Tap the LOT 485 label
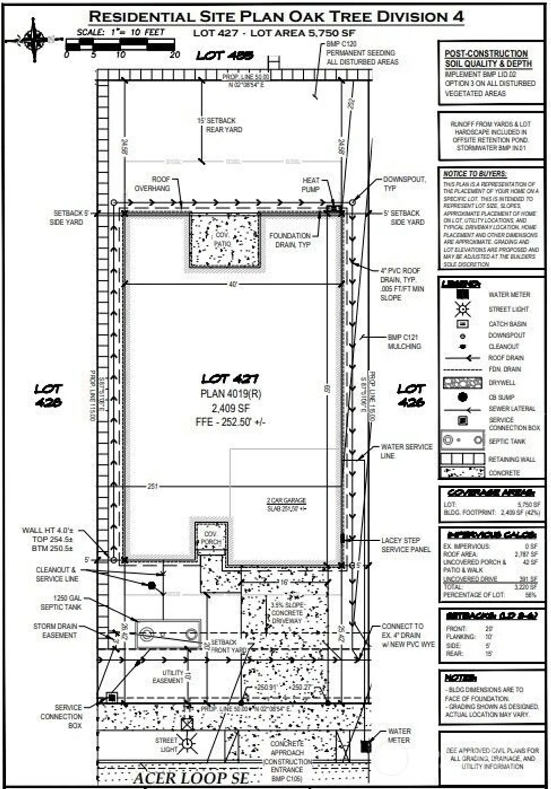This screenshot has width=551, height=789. click(225, 55)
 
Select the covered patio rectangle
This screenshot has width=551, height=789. click(224, 240)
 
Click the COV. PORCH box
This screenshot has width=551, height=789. click(211, 538)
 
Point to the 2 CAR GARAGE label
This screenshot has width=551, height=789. click(286, 501)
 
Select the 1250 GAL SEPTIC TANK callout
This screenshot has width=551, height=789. click(61, 602)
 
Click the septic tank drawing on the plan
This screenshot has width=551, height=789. click(168, 633)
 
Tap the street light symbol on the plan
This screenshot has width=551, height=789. click(187, 744)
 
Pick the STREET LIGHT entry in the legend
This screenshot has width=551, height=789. click(508, 309)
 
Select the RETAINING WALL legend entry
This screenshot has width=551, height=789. click(511, 459)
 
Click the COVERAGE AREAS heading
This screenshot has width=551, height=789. click(490, 493)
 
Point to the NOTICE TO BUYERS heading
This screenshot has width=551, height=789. click(475, 174)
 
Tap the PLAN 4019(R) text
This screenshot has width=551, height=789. click(231, 393)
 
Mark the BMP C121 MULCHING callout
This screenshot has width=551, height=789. click(404, 342)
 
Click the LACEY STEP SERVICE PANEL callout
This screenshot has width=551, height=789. click(406, 544)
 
